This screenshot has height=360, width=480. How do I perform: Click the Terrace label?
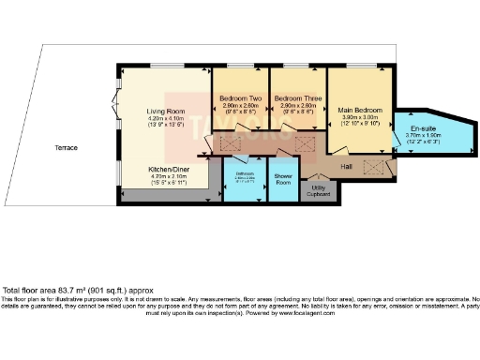click(66, 148)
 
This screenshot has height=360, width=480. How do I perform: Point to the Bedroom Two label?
click(239, 98)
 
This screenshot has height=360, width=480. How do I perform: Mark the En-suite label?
click(423, 128)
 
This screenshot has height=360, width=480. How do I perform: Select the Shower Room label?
click(283, 179)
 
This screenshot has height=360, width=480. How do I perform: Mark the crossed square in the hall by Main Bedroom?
click(374, 167)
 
